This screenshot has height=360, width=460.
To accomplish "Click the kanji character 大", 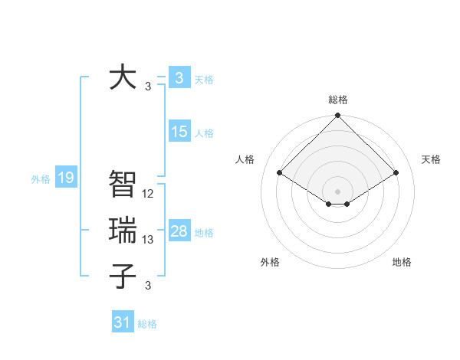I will tap(123, 78).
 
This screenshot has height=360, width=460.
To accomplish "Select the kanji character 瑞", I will tap(123, 231).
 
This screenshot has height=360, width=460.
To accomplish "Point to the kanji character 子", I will tap(123, 276).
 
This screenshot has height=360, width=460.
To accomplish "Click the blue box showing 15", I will tap(179, 132).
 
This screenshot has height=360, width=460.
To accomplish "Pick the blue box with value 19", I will tap(66, 178).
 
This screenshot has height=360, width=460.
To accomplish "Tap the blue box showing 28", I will tap(179, 231).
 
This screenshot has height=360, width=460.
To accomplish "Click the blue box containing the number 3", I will tap(179, 77).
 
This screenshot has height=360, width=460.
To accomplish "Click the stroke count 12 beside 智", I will tap(149, 194).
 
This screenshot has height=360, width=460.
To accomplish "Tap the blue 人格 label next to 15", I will tap(204, 133).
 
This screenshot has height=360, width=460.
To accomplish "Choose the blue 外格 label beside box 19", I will tap(41, 180).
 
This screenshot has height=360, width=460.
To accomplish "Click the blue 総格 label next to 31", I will tap(147, 324).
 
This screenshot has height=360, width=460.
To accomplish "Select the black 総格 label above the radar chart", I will tap(337, 100).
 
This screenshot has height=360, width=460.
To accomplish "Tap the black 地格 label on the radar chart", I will tap(402, 262).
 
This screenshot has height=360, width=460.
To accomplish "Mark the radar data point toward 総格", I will tap(337, 116).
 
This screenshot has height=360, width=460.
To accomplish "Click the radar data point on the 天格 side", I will tap(396, 172).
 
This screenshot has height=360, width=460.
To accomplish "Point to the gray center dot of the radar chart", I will tap(337, 191).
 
